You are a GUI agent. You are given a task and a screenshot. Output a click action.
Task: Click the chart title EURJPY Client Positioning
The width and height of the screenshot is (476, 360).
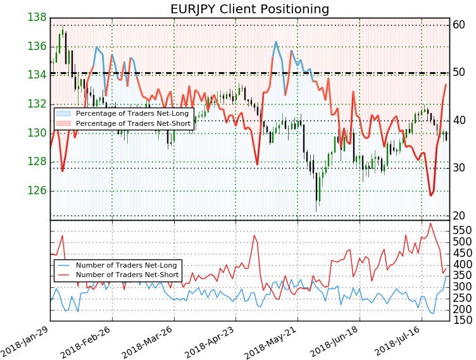(249, 9)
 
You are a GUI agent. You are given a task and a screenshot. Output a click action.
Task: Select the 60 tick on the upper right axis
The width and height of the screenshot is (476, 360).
(459, 25)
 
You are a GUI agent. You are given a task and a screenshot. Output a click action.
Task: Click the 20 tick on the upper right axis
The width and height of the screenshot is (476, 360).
(459, 216)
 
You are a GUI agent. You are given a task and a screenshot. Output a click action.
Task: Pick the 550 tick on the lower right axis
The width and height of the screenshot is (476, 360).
(462, 230)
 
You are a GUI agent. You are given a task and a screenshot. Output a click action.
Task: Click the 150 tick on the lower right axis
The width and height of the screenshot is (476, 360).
(462, 320)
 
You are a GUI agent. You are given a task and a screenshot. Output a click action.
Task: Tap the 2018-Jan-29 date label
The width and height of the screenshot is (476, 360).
(27, 340)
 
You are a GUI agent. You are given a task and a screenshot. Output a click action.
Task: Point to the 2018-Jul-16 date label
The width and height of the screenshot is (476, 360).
(398, 340)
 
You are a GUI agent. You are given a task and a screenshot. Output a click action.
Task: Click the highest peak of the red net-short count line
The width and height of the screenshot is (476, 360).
(430, 223)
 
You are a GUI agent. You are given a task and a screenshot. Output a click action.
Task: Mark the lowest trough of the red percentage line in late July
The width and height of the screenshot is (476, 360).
(430, 196)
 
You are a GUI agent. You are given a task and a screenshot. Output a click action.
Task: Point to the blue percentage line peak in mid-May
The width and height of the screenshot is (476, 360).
(276, 42)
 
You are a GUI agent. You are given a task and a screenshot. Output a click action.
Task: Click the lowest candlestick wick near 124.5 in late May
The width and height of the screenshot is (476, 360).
(316, 211)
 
